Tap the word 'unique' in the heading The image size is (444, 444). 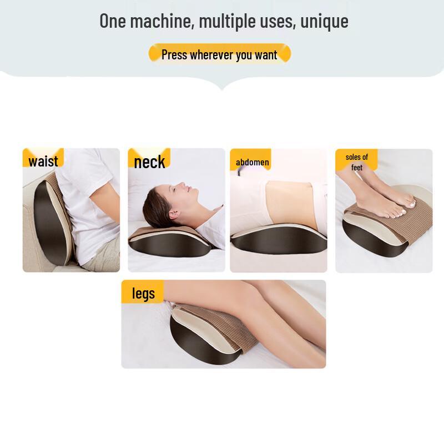coord(325,21)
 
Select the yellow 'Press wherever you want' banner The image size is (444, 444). coord(220,54)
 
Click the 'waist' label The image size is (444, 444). coord(43,161)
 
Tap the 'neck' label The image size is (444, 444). coord(149,162)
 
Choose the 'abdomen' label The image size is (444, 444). coord(252,162)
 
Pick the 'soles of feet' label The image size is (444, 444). coord(356,162)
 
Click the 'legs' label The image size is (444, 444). coord(143,293)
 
